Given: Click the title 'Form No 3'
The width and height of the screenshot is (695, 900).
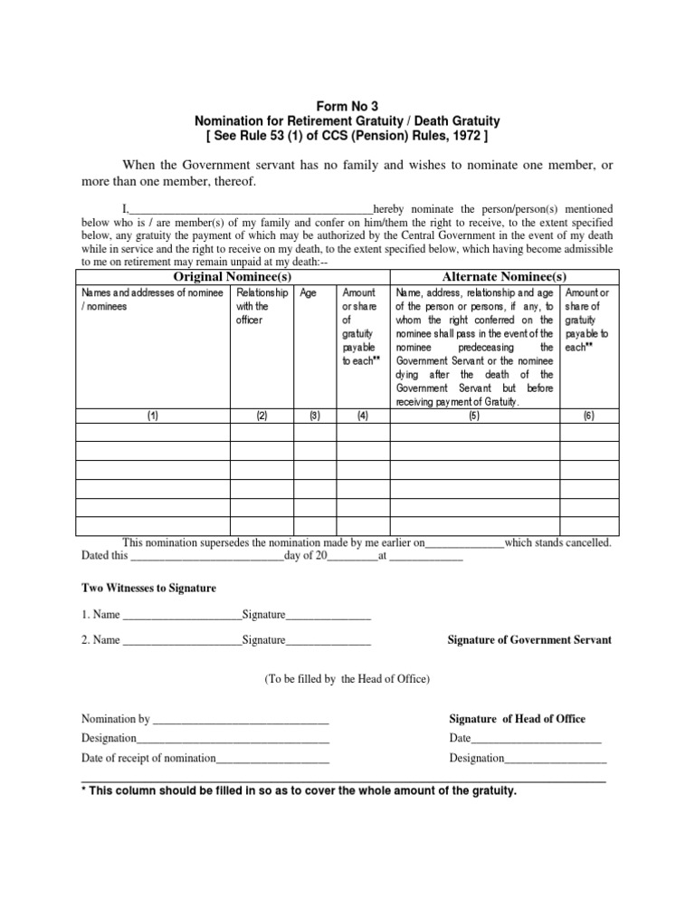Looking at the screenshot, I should tap(348, 105).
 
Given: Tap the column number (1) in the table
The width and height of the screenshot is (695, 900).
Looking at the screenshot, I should tap(152, 416).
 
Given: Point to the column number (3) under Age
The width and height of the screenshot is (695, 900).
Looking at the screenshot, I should tap(314, 416).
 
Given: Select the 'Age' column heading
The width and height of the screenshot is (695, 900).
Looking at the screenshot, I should tap(308, 292).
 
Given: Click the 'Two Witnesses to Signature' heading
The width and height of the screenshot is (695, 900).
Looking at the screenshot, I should tap(148, 589).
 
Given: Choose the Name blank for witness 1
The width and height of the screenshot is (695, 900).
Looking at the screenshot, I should tap(181, 616).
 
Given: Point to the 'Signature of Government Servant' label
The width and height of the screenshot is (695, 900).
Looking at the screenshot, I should tap(529, 639).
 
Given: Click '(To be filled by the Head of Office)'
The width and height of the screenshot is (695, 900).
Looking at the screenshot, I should tap(347, 678).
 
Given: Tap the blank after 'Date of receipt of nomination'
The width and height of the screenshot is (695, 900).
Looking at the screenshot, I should tap(272, 758).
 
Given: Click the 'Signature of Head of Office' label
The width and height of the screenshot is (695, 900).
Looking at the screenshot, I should tap(517, 719).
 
